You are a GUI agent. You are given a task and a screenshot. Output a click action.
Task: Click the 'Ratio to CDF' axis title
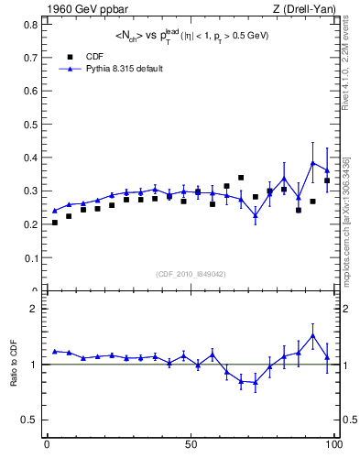[x=13, y=365]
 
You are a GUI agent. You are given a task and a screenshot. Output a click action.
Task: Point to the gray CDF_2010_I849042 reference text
[x=191, y=273]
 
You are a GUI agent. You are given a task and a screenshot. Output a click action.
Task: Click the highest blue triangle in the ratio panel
[x=313, y=335]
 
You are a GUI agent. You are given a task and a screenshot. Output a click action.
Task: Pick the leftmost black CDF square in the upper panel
[x=55, y=223]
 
